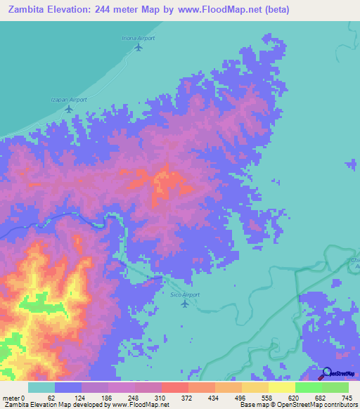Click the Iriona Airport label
coord(138,38)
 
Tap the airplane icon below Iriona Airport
coord(138,48)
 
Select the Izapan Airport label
coord(70,100)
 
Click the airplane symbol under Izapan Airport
coord(69,109)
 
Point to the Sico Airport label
coord(185,295)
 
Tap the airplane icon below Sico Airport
coord(185,304)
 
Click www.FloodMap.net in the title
coord(216,10)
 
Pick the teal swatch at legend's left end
coord(41,387)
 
